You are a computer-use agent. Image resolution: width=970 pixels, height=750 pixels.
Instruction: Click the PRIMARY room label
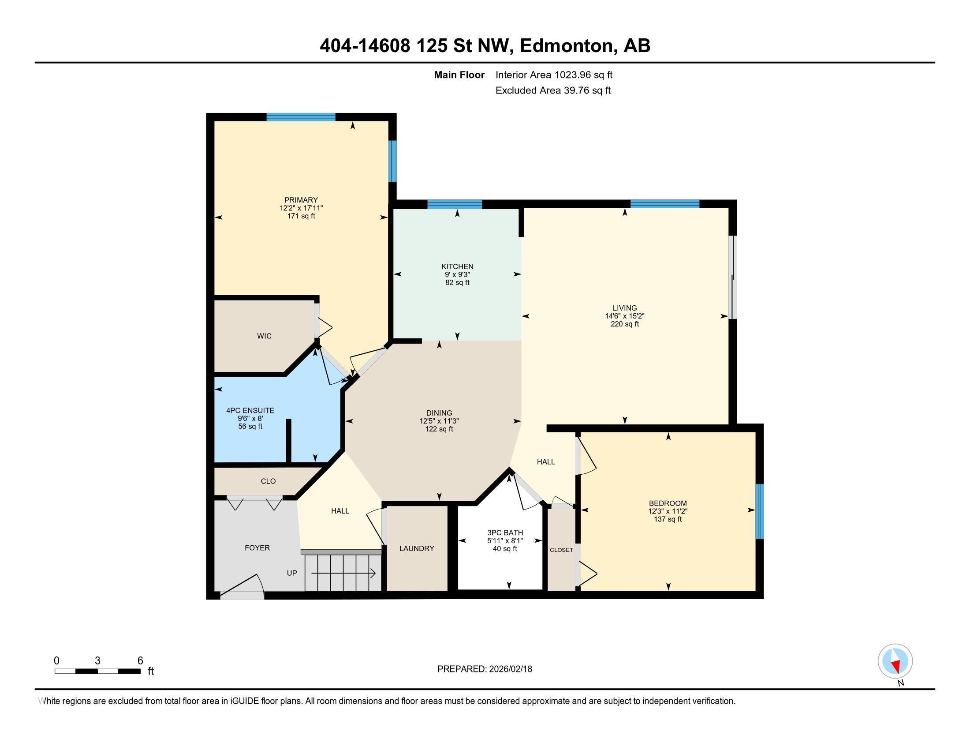pos(301,200)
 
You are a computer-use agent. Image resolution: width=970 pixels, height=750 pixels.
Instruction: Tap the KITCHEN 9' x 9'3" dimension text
pos(457,274)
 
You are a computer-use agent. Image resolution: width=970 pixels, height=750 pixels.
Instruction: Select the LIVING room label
pos(624,308)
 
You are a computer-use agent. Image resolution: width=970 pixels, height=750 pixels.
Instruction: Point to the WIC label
pos(264,336)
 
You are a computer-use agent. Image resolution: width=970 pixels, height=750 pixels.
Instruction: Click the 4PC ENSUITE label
pos(250,411)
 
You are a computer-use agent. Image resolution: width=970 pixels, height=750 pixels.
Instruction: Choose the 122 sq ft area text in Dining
pos(439,429)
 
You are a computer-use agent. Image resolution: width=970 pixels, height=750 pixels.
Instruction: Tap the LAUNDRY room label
pos(416,548)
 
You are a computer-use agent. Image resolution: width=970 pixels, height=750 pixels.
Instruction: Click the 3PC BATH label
pos(505,533)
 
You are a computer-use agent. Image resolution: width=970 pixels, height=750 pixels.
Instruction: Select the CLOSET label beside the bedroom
pos(561,550)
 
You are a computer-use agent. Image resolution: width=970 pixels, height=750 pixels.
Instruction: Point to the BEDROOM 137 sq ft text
pos(668,519)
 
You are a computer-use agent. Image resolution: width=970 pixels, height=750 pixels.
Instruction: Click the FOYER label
pos(257,548)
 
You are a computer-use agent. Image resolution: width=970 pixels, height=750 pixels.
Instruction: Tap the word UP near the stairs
pos(292,573)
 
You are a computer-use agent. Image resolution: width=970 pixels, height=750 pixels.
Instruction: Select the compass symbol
pos(895,661)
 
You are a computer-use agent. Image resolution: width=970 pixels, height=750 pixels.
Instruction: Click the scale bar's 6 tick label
pos(140,661)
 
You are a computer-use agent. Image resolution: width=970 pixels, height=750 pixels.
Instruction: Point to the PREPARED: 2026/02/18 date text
pos(485,669)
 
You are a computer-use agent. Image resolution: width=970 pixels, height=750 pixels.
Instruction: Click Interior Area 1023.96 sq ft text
pos(554,75)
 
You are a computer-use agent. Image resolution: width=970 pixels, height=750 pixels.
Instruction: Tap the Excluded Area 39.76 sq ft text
pos(553,90)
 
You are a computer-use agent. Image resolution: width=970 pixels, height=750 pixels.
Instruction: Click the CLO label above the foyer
pos(268,481)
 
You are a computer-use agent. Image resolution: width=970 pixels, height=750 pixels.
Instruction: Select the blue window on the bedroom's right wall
pos(760,511)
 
